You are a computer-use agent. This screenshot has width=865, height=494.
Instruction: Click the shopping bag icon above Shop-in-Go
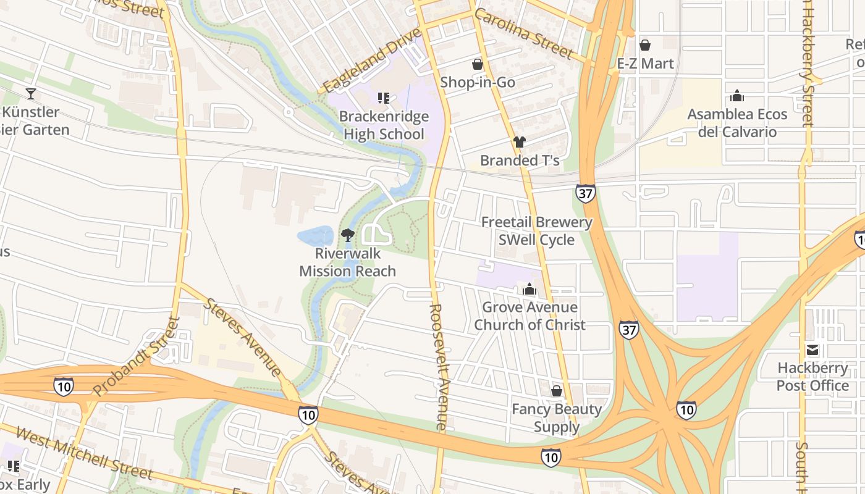click(477, 64)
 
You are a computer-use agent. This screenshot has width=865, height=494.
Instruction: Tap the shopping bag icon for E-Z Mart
click(645, 45)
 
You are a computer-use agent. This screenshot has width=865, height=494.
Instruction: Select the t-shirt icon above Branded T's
click(519, 142)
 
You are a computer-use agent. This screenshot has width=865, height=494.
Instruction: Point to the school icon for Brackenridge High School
click(383, 98)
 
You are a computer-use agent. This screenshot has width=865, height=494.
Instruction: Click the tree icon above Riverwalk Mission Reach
click(347, 235)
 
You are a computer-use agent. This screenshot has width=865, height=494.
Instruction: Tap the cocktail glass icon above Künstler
click(30, 94)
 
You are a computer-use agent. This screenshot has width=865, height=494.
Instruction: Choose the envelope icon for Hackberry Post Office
click(812, 350)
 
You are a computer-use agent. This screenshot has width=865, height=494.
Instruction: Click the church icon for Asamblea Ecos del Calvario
click(736, 96)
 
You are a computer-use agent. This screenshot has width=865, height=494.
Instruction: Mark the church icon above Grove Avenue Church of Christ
click(529, 289)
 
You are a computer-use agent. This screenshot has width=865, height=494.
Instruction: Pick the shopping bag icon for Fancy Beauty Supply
click(556, 391)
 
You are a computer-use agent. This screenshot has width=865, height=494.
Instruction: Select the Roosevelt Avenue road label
click(438, 366)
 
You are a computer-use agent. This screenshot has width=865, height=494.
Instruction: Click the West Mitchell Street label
click(83, 453)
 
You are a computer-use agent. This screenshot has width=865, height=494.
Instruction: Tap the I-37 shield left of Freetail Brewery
click(585, 193)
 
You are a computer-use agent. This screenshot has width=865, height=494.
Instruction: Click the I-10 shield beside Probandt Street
click(63, 387)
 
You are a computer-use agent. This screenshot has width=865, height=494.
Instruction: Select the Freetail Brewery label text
click(536, 222)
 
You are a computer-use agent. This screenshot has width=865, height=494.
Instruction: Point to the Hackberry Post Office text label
click(812, 377)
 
